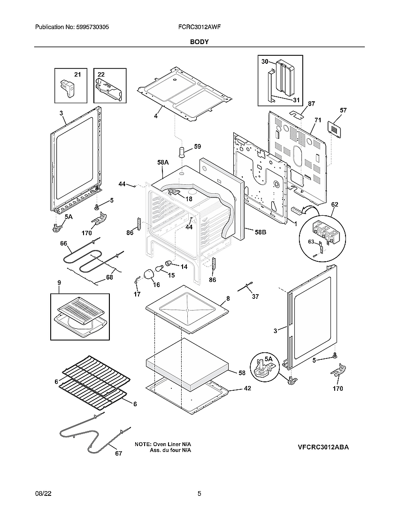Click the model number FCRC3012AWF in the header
pyautogui.click(x=196, y=28)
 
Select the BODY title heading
pyautogui.click(x=199, y=42)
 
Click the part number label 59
pyautogui.click(x=197, y=146)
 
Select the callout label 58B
pyautogui.click(x=261, y=232)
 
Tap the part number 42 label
pyautogui.click(x=247, y=388)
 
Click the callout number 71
pyautogui.click(x=318, y=121)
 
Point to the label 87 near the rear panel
pyautogui.click(x=311, y=104)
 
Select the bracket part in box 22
pyautogui.click(x=109, y=89)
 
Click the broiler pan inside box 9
pyautogui.click(x=79, y=317)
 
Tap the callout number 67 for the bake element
pyautogui.click(x=118, y=453)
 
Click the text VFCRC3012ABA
pyautogui.click(x=323, y=447)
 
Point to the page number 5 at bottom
pyautogui.click(x=199, y=493)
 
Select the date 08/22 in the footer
pyautogui.click(x=43, y=493)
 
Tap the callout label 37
pyautogui.click(x=255, y=296)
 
